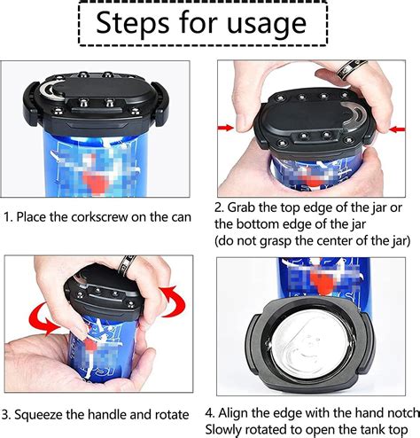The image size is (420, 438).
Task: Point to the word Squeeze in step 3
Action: (44, 414)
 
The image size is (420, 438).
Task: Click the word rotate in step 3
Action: (166, 414)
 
